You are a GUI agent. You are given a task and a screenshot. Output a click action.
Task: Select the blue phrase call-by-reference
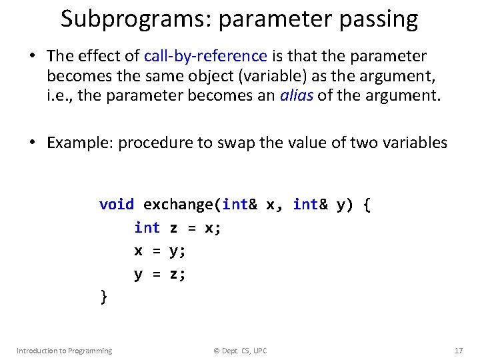(x=205, y=56)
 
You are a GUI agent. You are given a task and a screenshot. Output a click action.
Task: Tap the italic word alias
(x=295, y=95)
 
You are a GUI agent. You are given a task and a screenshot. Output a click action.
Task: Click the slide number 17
(x=458, y=351)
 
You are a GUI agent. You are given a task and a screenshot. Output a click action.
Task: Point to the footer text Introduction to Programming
(x=64, y=351)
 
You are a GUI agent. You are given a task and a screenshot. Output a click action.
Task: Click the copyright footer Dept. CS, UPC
(x=240, y=351)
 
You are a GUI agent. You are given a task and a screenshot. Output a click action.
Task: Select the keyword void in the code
(x=116, y=205)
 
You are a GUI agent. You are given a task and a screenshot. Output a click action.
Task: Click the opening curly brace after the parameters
(x=367, y=205)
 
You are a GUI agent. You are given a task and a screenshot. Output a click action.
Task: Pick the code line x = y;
(x=160, y=251)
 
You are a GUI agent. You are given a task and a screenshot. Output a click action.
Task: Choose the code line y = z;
(x=160, y=273)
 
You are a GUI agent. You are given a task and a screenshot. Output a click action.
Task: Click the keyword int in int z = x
(x=147, y=228)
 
